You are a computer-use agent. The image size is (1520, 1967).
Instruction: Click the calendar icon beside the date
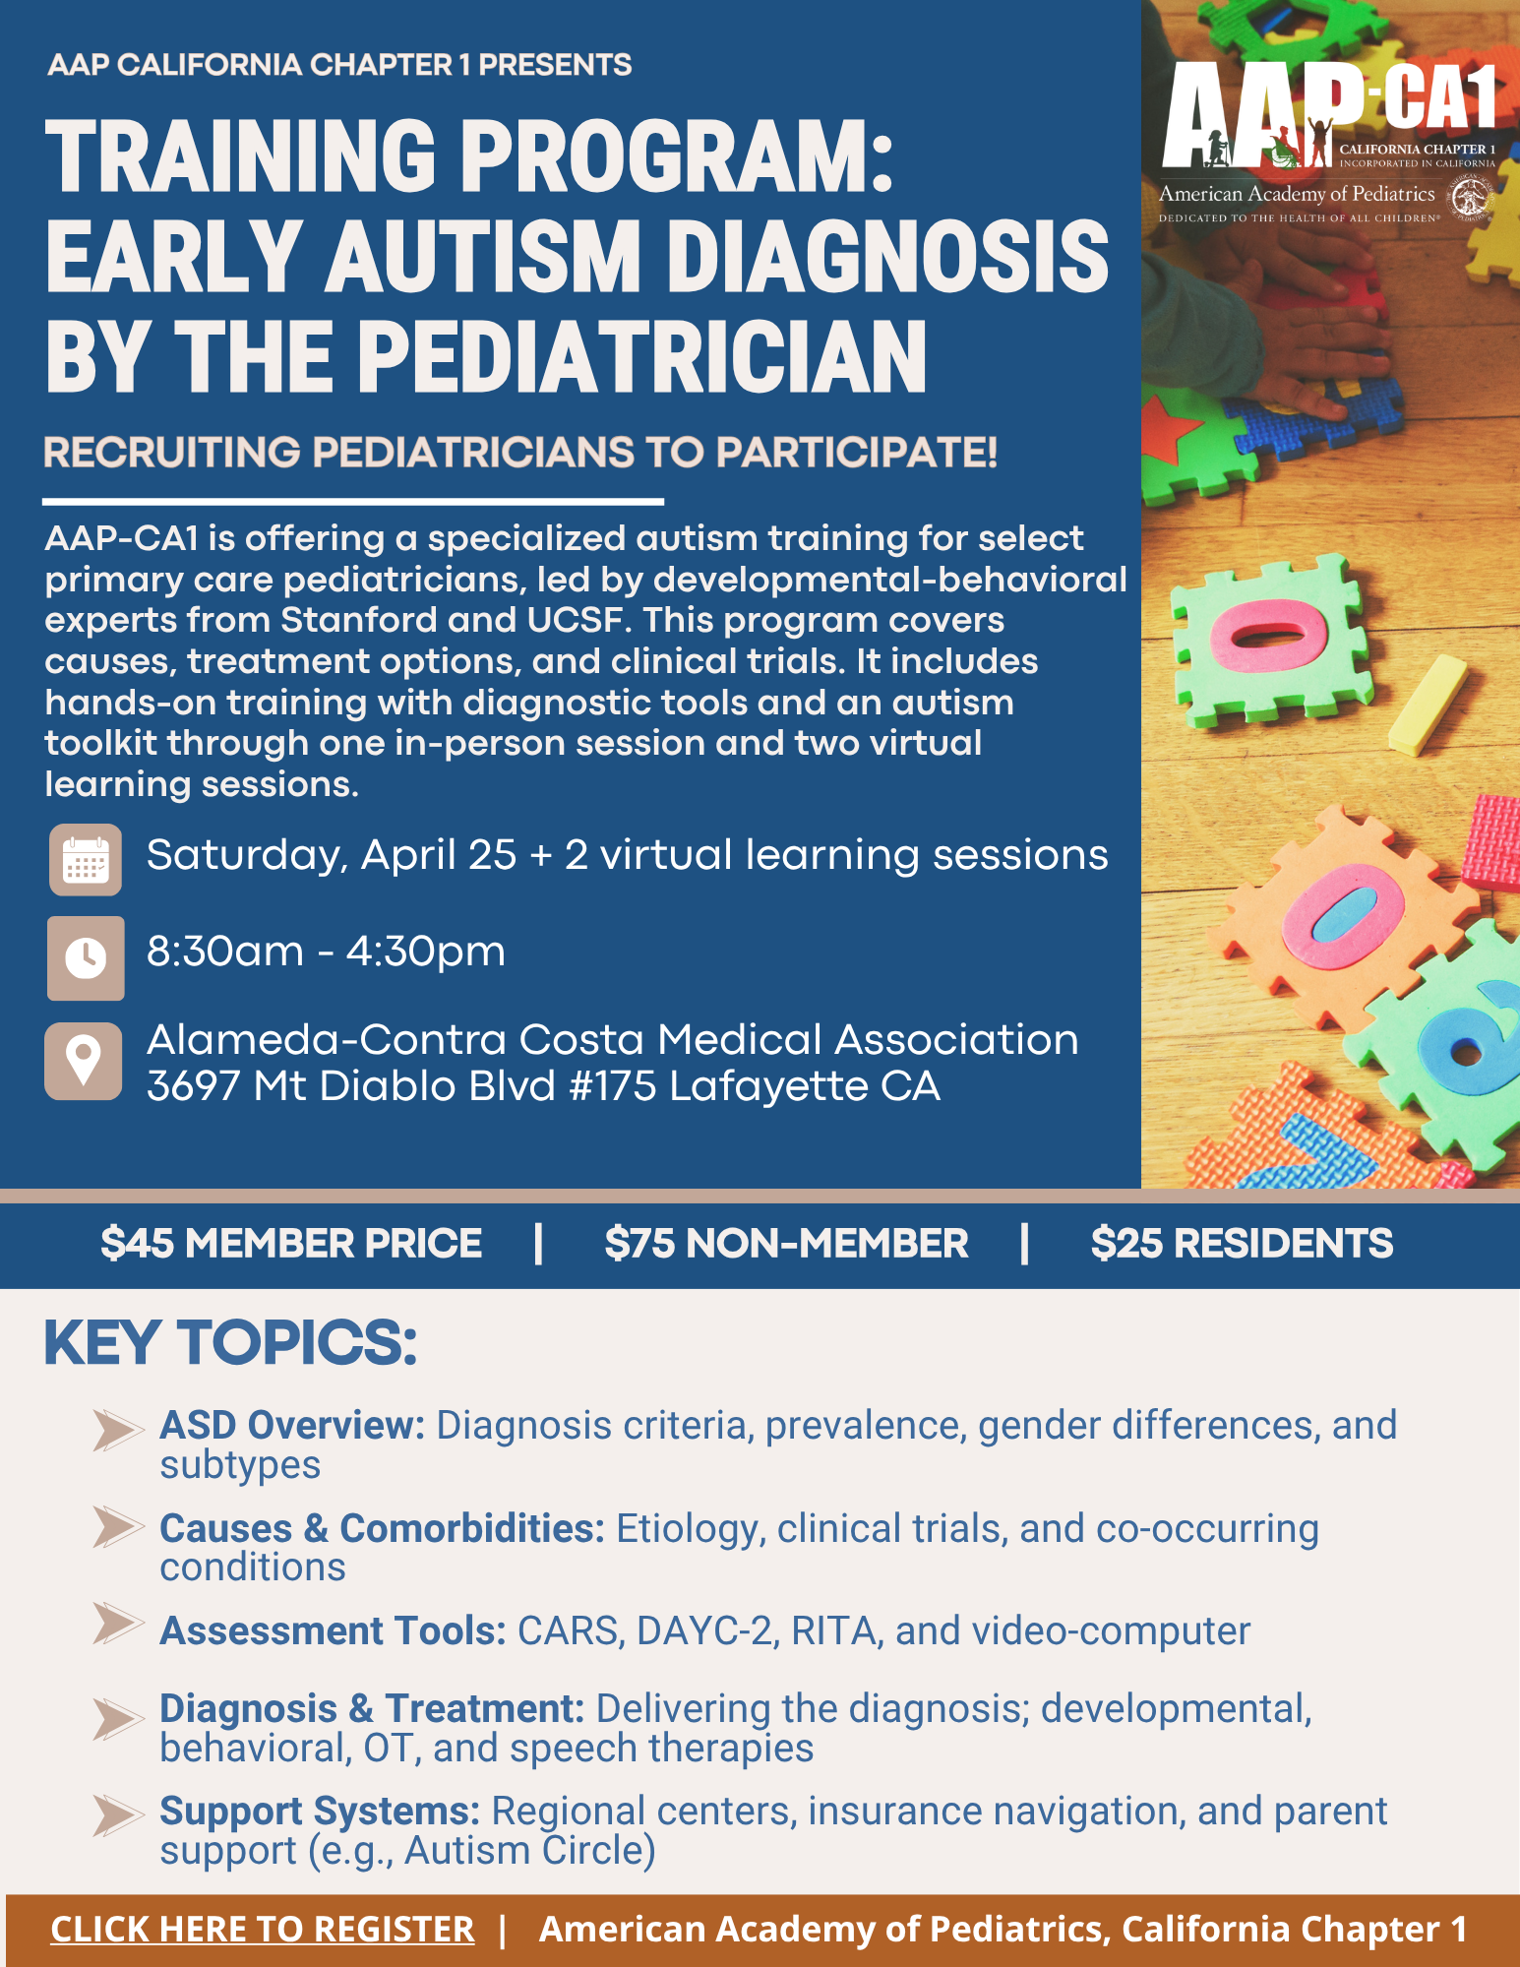coord(86,859)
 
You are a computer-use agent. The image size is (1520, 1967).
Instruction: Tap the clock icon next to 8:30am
coord(86,957)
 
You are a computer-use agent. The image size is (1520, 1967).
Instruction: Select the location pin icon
coord(84,1061)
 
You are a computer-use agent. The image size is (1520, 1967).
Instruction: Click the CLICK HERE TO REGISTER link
coord(263,1929)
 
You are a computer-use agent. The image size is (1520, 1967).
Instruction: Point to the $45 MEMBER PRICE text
coord(291,1243)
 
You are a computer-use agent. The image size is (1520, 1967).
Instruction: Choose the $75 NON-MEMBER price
coord(786,1243)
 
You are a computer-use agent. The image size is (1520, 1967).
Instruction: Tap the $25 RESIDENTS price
coord(1242,1243)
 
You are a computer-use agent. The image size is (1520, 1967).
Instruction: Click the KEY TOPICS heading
coord(231,1342)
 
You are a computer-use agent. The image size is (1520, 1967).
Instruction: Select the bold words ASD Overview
coord(292,1425)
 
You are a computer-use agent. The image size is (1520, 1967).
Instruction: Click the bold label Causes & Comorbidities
coord(382,1528)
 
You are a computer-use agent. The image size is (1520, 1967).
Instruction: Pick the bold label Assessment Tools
coord(333,1630)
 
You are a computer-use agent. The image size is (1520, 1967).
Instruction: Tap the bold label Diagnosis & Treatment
coord(372,1709)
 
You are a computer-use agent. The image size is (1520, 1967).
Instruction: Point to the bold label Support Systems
coord(320,1811)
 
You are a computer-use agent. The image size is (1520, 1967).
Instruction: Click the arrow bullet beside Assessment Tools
coord(118,1623)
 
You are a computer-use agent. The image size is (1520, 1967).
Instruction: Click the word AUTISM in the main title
coord(483,256)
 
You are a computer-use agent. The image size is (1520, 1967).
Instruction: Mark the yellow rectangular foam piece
coord(1428,705)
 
